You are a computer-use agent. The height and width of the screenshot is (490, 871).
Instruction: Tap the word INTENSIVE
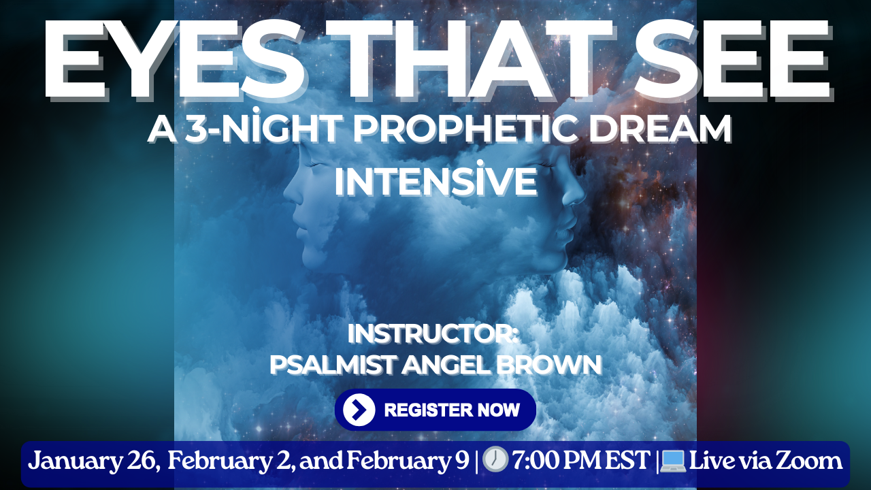(x=435, y=182)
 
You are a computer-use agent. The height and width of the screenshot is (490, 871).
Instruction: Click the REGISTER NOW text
(x=452, y=410)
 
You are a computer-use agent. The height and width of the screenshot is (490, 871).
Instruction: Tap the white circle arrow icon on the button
(x=359, y=410)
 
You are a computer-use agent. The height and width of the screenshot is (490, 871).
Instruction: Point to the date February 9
(x=408, y=461)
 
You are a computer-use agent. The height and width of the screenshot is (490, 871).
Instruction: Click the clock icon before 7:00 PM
(x=495, y=461)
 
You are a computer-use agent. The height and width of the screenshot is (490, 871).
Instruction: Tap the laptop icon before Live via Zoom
(x=672, y=461)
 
